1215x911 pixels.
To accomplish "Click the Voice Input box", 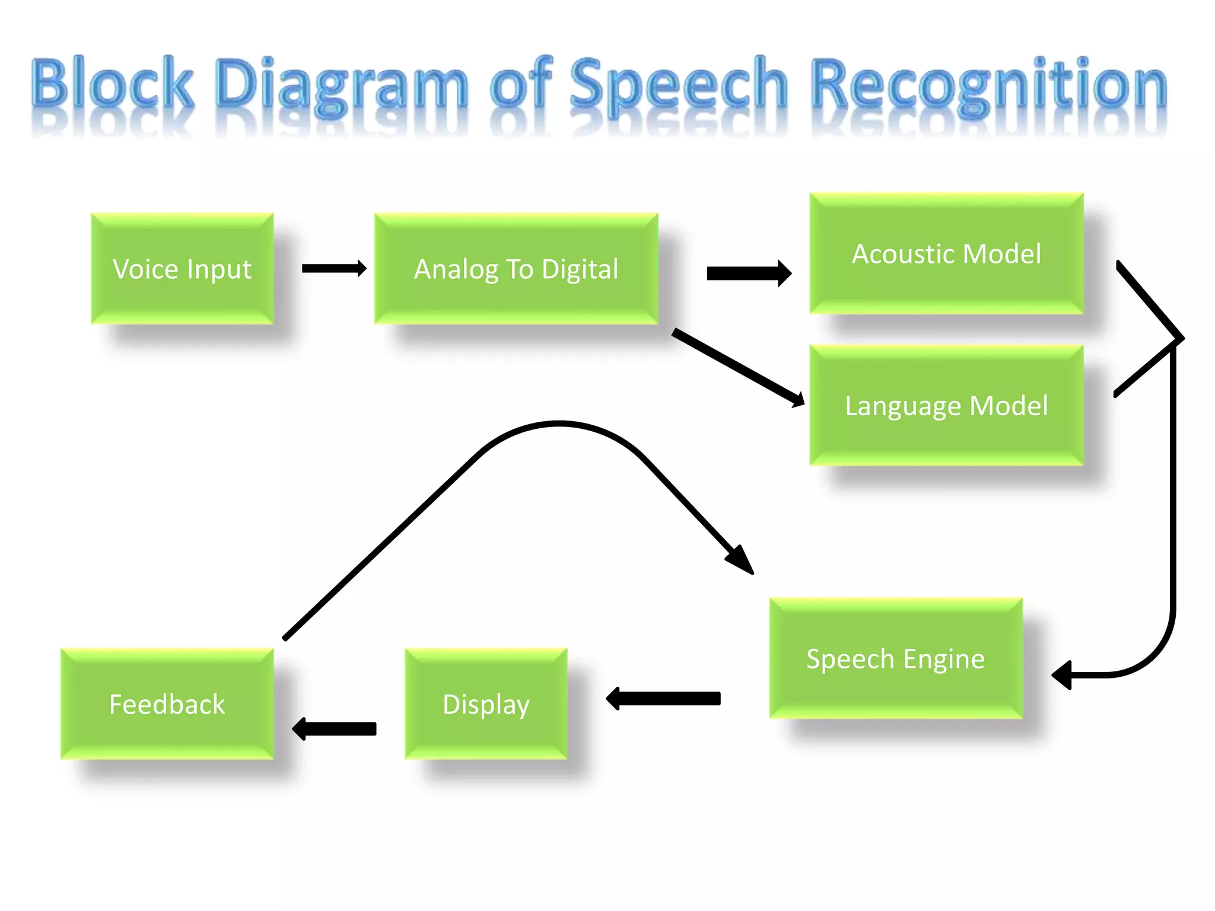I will [182, 269].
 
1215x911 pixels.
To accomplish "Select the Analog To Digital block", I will [516, 269].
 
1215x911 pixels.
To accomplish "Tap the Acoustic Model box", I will [946, 254].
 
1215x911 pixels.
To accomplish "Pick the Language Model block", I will [946, 406].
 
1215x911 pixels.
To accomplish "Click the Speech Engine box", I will [896, 658].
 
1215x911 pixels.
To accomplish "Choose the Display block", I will [486, 704].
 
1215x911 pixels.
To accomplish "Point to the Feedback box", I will [167, 704].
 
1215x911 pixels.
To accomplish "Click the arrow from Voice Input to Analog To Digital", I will [333, 268].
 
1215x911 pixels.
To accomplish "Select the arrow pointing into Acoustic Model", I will [749, 273].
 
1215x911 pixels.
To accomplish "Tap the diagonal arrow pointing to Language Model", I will [739, 368].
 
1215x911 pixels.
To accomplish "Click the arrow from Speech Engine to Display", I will [663, 699].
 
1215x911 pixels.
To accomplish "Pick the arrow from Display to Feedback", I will [335, 728].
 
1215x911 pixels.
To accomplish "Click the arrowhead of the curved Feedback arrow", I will [742, 560].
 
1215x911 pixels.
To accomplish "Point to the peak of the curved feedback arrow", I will [559, 423].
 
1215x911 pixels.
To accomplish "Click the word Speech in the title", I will [678, 86].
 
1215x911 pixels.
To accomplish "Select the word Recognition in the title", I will [989, 86].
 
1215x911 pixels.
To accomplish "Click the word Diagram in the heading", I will [341, 86].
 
